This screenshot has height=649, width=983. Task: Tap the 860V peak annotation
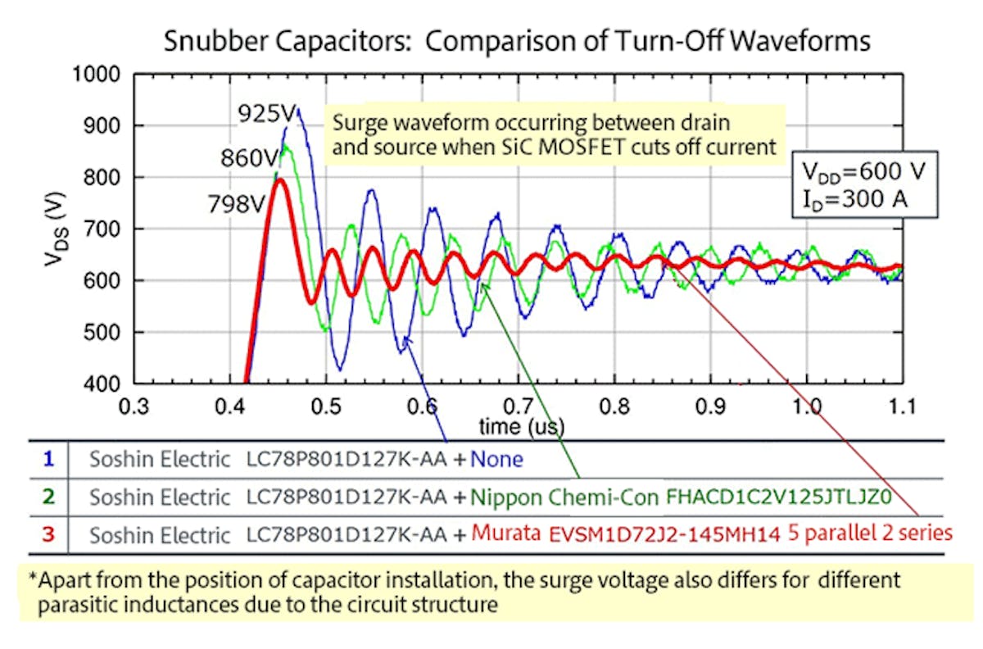(x=247, y=157)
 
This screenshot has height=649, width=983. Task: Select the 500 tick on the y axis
(x=104, y=332)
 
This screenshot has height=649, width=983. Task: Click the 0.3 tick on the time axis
(x=134, y=407)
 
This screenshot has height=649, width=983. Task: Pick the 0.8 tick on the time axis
(x=614, y=407)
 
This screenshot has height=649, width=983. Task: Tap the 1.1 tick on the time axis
(x=901, y=407)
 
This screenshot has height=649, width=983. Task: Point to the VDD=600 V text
(x=868, y=173)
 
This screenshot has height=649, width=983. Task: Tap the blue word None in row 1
(x=496, y=459)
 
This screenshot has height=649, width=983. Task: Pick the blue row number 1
(x=48, y=459)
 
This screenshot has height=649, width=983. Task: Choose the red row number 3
(x=48, y=535)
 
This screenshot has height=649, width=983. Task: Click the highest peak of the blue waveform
(x=299, y=109)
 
